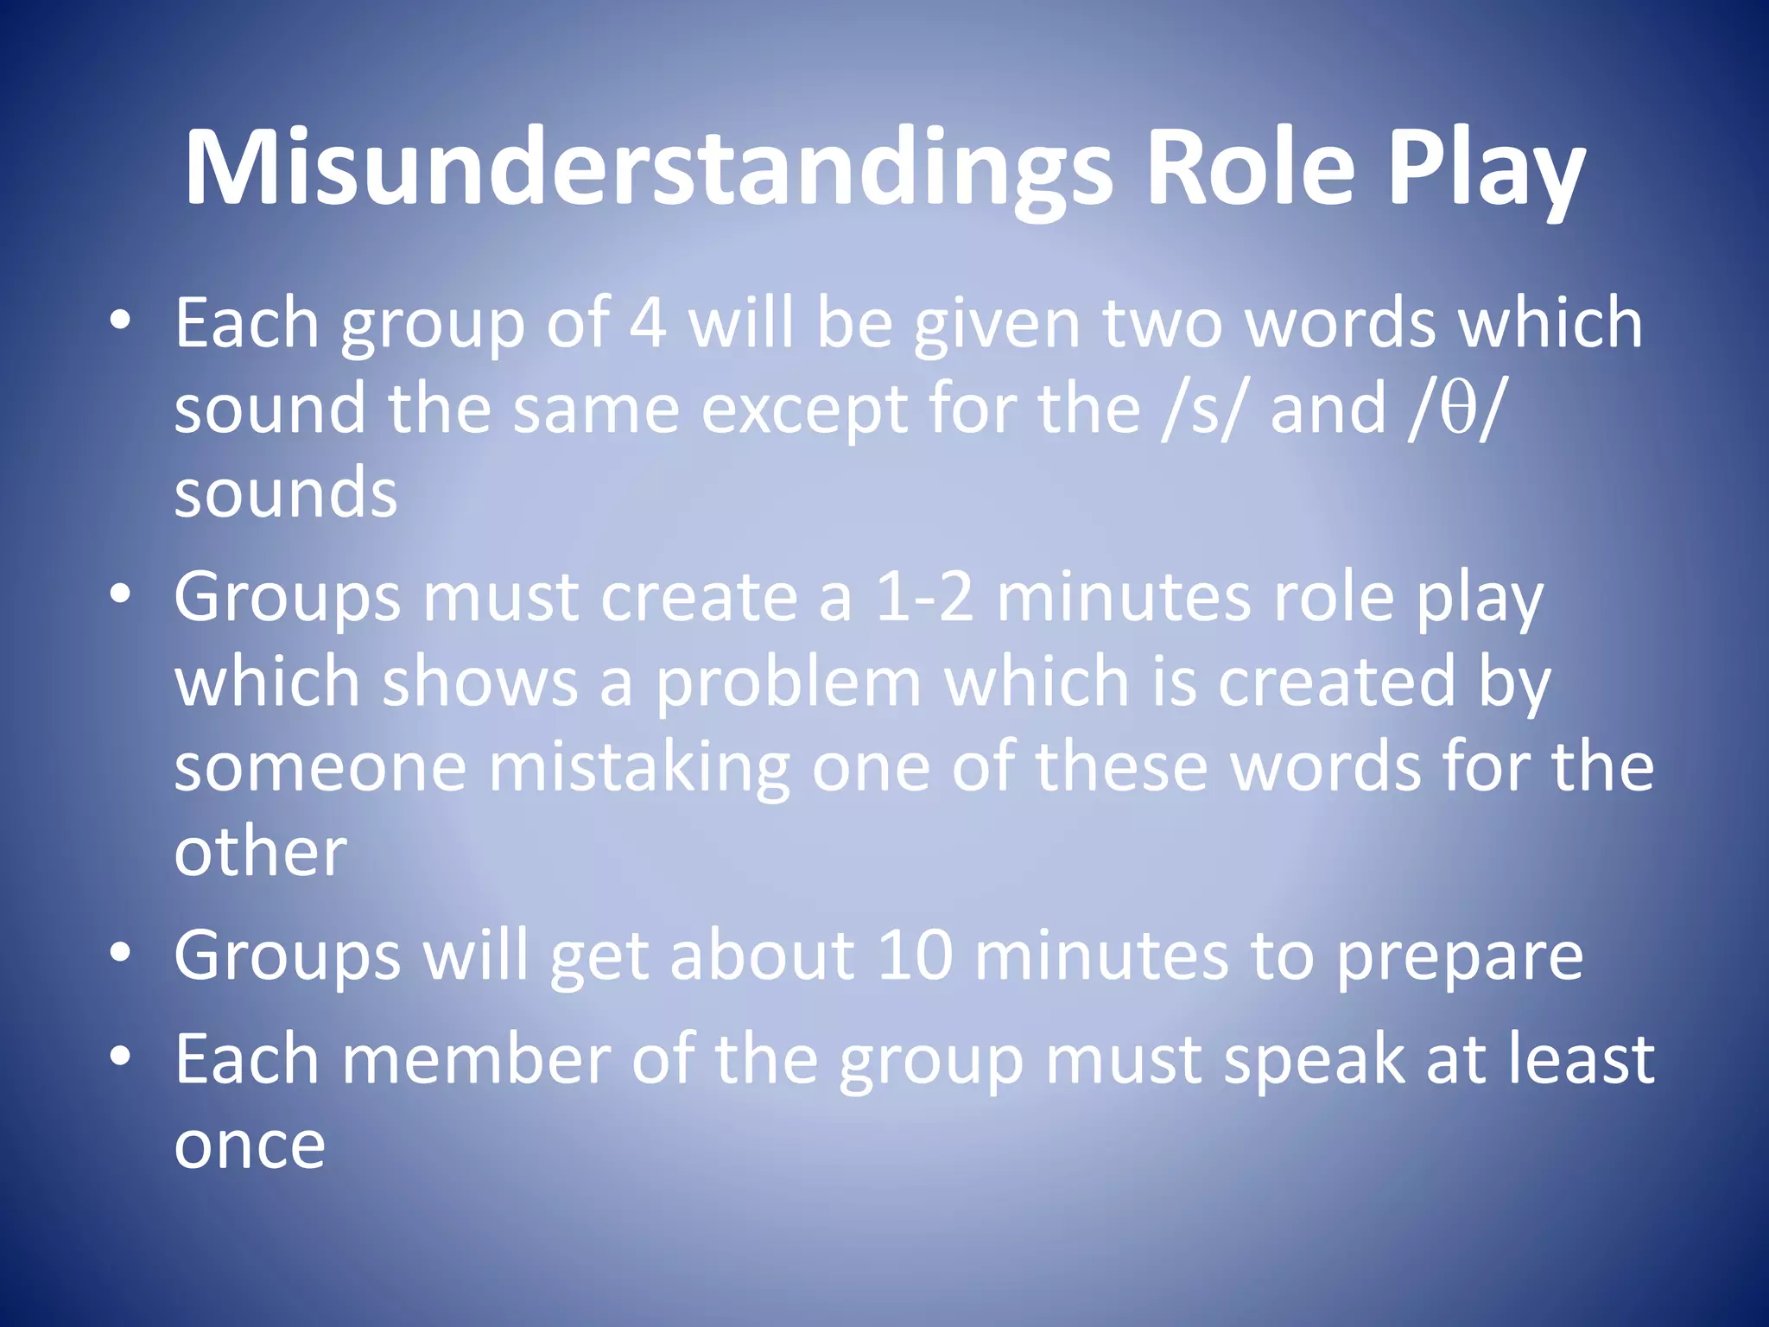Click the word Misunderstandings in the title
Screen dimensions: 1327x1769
(648, 168)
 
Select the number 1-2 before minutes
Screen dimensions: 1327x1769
(924, 597)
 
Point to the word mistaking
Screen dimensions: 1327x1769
(639, 767)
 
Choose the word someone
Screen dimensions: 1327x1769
(320, 767)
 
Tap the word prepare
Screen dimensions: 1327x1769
(1460, 957)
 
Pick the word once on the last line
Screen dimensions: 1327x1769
(250, 1146)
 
